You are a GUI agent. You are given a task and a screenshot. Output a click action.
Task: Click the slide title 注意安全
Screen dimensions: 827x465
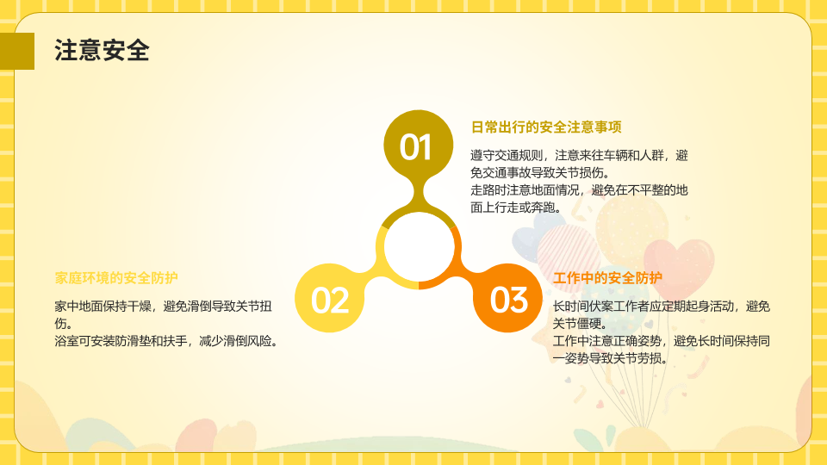coord(102,51)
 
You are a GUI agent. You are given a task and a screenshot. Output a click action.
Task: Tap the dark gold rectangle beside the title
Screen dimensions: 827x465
coord(17,51)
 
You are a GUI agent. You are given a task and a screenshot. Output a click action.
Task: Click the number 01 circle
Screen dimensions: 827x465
coord(418,145)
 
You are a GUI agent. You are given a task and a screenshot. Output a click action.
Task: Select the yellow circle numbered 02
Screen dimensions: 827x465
coord(330,298)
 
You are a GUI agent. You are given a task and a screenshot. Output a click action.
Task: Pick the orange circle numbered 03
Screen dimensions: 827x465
coord(508,298)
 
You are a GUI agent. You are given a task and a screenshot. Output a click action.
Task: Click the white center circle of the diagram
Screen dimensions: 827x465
coord(419,246)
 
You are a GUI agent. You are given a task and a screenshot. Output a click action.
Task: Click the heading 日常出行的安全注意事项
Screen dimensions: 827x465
coord(546,127)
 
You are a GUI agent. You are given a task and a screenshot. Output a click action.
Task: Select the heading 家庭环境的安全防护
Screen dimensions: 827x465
coord(116,278)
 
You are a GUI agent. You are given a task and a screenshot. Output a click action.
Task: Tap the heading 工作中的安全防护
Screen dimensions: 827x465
coord(607,278)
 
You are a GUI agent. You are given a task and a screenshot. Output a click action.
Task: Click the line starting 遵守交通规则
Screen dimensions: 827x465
coord(579,156)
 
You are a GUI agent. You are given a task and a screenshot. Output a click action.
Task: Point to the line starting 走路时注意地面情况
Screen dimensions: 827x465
coord(579,190)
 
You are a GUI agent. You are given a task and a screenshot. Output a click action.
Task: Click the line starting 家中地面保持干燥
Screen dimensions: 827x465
coord(164,307)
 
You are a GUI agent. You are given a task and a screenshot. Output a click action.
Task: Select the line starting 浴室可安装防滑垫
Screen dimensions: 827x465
coord(166,341)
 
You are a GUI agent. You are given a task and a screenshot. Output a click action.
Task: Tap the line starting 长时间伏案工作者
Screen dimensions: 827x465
coord(662,307)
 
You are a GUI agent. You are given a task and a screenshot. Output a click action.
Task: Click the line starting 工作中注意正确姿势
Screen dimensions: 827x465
coord(662,341)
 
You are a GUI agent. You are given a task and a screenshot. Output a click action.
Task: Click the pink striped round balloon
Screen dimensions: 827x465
coord(568,251)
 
